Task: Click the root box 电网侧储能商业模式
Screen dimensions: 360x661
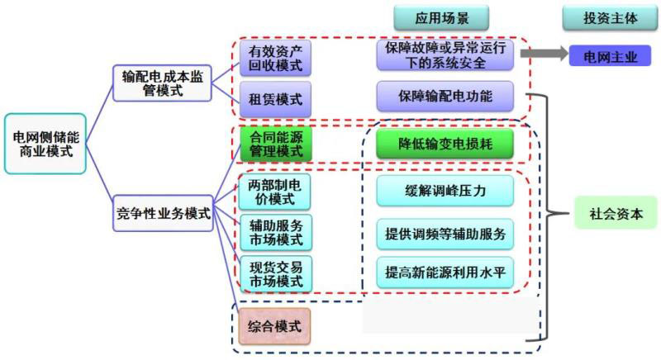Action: point(45,144)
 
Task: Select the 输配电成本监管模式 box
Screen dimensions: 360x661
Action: point(160,83)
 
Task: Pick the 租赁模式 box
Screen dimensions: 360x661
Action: point(275,100)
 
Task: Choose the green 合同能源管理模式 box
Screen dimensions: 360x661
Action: point(275,144)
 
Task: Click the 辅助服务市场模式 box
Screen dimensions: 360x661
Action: point(275,232)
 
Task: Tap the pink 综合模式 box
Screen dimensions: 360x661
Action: point(275,326)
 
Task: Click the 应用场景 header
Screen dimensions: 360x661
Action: point(440,17)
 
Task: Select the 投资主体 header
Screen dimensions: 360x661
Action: point(607,17)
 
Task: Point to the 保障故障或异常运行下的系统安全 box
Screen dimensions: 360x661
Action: point(445,55)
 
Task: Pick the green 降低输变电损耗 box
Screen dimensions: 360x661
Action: point(445,144)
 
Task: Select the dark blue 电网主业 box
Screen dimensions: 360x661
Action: point(610,55)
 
